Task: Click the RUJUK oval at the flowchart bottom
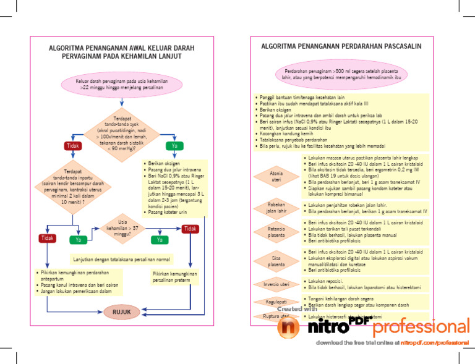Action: tap(121, 312)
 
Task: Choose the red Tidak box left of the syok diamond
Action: tap(74, 146)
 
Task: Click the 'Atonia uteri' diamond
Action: tap(276, 176)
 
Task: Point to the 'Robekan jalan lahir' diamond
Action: tap(276, 207)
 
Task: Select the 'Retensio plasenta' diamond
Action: tap(276, 232)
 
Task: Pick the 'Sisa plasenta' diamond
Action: tap(276, 261)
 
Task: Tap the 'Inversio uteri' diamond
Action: tap(276, 284)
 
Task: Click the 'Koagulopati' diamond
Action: tap(276, 302)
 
